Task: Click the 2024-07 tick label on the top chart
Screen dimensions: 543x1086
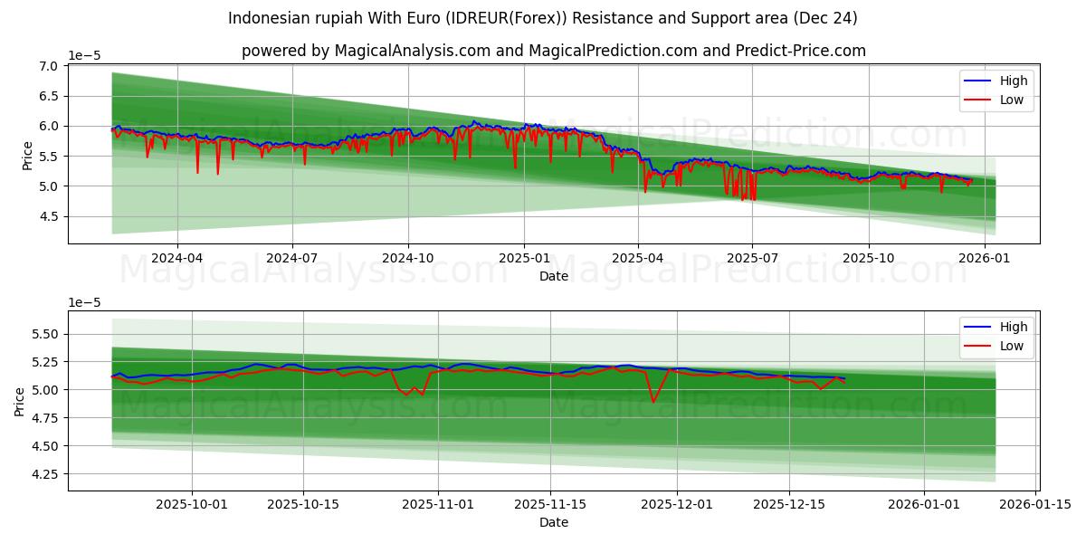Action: coord(292,258)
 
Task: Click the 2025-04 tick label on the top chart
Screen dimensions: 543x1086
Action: coord(638,258)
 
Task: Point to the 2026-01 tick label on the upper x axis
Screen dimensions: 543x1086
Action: coord(984,258)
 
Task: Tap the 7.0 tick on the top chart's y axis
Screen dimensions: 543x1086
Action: coord(48,66)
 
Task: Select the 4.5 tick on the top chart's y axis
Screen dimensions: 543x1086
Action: coord(48,216)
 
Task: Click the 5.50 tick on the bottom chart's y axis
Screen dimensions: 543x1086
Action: coord(44,334)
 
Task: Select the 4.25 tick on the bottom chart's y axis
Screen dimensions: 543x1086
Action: coord(44,474)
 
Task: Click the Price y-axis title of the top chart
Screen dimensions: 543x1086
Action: coord(27,154)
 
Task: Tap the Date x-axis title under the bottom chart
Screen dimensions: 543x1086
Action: coord(553,522)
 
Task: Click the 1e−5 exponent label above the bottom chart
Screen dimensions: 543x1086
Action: coord(85,302)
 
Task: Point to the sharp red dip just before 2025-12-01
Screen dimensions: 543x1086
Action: coord(653,401)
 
